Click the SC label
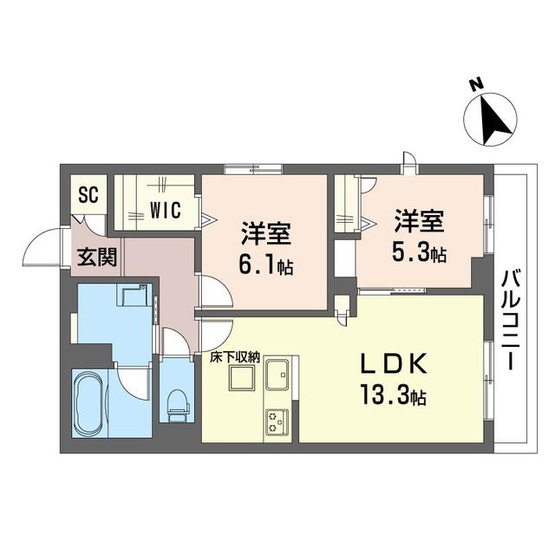click(88, 194)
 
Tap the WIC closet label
click(166, 211)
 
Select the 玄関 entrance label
click(97, 257)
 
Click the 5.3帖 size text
click(418, 252)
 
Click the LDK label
click(393, 363)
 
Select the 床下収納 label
click(235, 358)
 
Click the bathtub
click(89, 403)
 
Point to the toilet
click(177, 405)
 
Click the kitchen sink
click(277, 374)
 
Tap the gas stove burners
click(277, 421)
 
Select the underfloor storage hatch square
click(241, 378)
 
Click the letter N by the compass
click(476, 85)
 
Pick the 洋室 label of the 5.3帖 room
click(419, 221)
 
